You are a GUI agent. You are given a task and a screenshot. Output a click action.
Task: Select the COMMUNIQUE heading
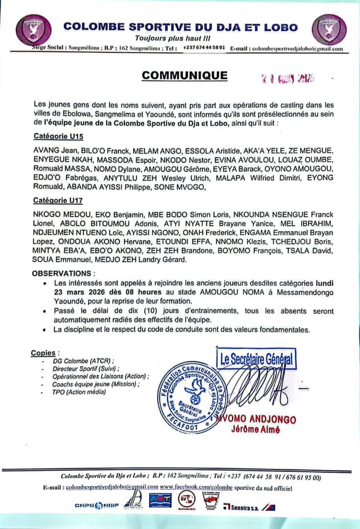(185, 75)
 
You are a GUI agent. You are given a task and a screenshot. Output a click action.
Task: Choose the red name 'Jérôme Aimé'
(256, 430)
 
